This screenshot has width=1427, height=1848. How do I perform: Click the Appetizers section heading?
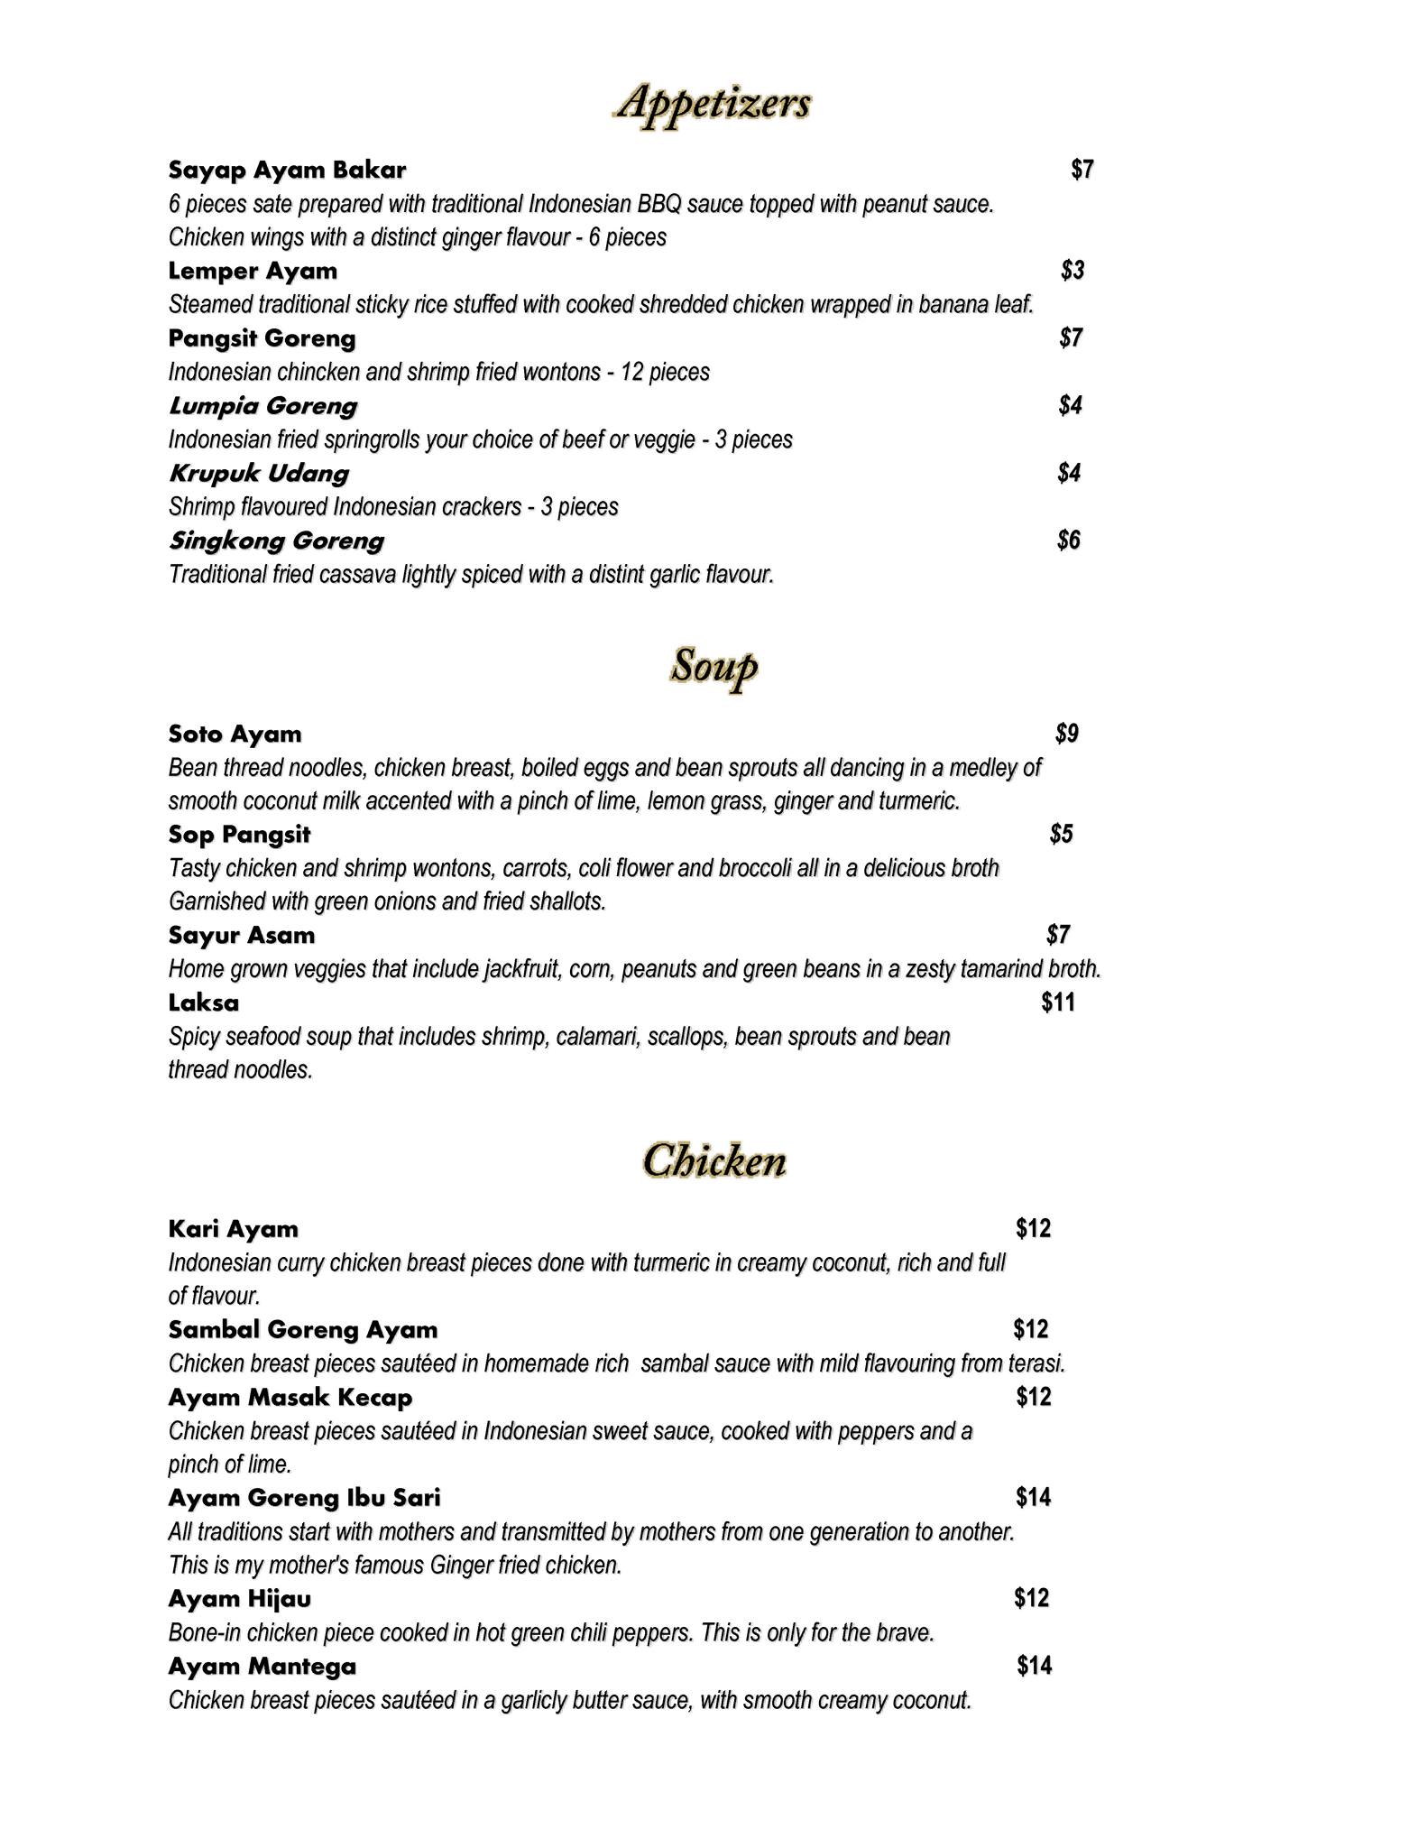tap(713, 105)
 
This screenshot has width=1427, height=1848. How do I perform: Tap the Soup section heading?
tap(713, 668)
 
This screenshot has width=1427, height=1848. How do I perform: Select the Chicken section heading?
tap(713, 1160)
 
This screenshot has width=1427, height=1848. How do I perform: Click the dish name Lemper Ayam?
tap(253, 271)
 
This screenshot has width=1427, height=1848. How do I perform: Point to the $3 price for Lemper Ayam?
tap(1073, 270)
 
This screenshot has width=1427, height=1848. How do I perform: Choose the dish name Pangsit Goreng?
tap(262, 338)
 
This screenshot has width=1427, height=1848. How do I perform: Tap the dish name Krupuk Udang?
tap(258, 473)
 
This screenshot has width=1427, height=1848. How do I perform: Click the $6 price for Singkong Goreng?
tap(1069, 540)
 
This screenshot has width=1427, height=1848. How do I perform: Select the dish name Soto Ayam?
tap(235, 734)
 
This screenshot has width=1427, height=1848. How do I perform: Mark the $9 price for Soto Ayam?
tap(1067, 733)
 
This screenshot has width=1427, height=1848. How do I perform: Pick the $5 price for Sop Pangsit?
tap(1062, 834)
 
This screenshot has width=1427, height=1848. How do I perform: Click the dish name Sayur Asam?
tap(242, 935)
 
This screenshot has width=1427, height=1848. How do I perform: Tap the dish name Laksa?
tap(204, 1003)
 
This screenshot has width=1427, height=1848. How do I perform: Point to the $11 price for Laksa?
tap(1058, 1002)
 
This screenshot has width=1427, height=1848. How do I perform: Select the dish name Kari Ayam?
tap(233, 1229)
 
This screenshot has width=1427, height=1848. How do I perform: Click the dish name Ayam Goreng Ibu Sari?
tap(304, 1498)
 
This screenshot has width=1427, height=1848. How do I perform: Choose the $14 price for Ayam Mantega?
tap(1035, 1665)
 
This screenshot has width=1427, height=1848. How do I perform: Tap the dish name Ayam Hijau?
tap(240, 1599)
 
